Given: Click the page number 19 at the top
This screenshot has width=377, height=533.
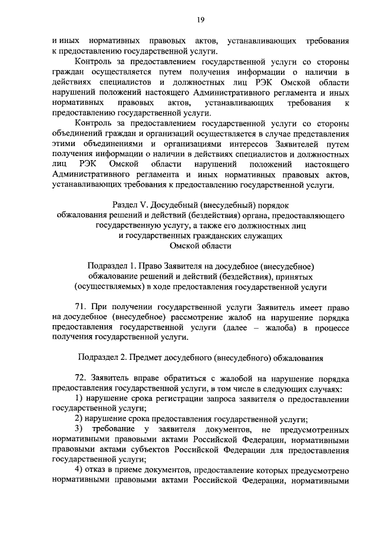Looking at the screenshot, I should coord(201,20).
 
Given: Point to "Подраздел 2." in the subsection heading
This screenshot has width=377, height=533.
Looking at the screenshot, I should coord(102,357).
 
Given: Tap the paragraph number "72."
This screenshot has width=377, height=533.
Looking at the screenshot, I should coord(82,378).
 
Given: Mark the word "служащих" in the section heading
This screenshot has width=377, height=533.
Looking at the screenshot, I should coord(265,236).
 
